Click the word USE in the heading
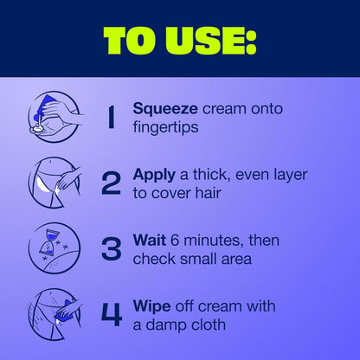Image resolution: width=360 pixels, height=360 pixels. [204, 41]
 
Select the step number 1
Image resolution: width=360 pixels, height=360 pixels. [111, 117]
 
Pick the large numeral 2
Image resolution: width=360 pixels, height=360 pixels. [112, 183]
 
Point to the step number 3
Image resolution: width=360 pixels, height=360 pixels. [112, 248]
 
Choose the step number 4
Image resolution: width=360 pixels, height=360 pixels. [112, 314]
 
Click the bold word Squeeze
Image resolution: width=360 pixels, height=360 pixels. [165, 110]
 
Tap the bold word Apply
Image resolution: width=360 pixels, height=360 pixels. [154, 176]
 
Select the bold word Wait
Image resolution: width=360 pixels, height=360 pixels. [150, 241]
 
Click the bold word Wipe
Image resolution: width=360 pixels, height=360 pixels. [151, 307]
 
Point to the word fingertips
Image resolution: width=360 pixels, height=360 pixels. [165, 128]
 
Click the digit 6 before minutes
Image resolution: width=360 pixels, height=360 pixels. [175, 241]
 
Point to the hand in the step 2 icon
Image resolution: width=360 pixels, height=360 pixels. [67, 179]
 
